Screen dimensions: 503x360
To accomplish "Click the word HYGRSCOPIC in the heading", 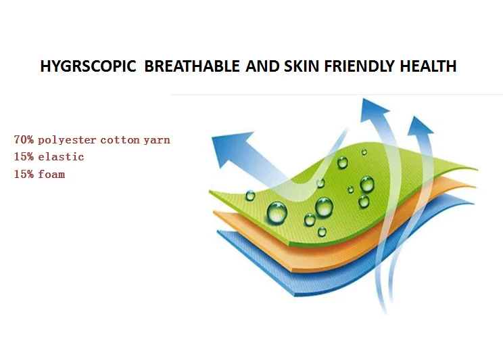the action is (88, 66).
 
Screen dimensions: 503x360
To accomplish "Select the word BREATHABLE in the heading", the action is (192, 66).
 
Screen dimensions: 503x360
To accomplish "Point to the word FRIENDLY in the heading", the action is (359, 66).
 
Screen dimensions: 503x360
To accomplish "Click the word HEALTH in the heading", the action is (428, 66).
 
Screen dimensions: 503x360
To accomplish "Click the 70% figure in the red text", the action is (24, 139).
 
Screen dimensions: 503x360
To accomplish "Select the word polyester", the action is (67, 140).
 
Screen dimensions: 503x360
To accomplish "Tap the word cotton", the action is (120, 140).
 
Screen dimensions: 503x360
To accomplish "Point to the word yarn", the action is (157, 141).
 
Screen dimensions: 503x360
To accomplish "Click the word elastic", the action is (61, 157).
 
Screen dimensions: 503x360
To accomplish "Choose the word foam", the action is (51, 174).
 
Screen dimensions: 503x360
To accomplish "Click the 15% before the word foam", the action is (24, 174).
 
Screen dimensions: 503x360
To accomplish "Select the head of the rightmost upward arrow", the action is (420, 126).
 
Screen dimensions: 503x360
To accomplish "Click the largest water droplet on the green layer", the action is (277, 212).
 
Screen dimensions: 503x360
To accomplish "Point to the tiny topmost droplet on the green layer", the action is (364, 152).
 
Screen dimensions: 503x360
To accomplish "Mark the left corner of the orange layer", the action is (214, 212).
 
